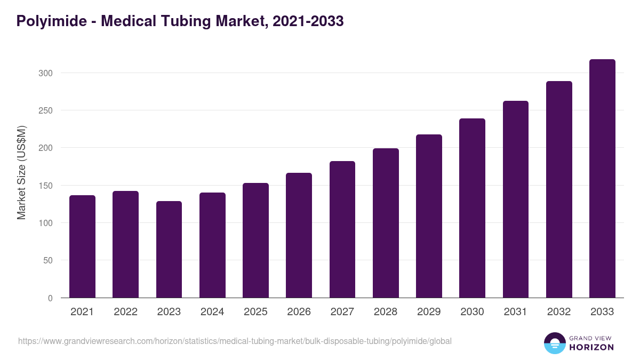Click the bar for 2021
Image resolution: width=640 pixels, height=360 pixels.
point(82,246)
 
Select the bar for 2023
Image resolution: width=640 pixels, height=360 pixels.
point(169,250)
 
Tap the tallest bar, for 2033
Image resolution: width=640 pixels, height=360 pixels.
point(602,179)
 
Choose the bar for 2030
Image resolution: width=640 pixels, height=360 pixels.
point(472,208)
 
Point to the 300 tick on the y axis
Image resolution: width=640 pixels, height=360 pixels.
point(46,73)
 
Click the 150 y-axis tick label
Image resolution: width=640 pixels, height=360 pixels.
point(46,186)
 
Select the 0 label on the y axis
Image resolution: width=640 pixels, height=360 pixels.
point(51,298)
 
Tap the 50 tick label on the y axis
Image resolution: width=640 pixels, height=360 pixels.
point(49,261)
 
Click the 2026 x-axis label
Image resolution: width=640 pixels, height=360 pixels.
point(299,312)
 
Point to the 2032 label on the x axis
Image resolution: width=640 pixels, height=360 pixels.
point(559,312)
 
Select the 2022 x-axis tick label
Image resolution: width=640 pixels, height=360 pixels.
point(125,312)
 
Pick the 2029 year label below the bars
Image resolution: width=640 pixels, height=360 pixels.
point(429,312)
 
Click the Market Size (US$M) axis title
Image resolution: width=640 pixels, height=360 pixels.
point(21,172)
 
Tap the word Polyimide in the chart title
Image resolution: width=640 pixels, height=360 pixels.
point(51,21)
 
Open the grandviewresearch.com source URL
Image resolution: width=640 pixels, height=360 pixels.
point(235,341)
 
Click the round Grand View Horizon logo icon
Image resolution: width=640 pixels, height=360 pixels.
point(555,343)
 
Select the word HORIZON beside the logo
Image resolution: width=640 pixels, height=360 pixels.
point(591,347)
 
